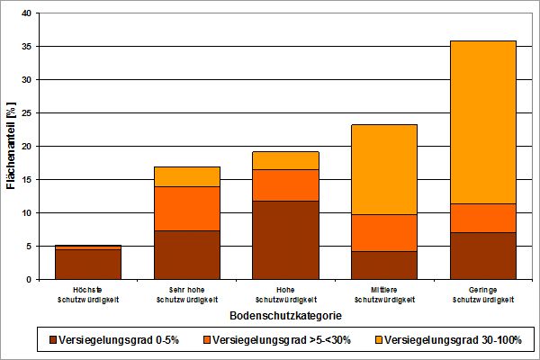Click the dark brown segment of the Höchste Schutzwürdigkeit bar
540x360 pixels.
[88, 265]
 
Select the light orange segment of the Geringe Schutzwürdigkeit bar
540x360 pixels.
[483, 122]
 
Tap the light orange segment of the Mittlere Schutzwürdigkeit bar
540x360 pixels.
[384, 169]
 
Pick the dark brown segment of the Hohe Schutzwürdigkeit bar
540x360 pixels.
[286, 240]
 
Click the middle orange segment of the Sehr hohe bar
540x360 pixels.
[187, 209]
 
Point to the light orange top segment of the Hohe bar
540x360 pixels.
[286, 160]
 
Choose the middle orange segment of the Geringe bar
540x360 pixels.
[483, 218]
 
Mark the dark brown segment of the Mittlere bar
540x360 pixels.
[384, 265]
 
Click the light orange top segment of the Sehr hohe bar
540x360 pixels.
[187, 176]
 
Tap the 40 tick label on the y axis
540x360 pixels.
[26, 13]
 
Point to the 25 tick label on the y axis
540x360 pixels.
[26, 113]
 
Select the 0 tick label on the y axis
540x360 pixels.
[29, 280]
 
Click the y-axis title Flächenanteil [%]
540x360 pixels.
[11, 146]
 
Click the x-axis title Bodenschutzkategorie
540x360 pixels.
[285, 316]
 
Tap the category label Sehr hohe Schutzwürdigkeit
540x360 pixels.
[187, 295]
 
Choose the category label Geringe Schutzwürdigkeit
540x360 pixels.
[483, 295]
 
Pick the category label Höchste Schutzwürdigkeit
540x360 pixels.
[88, 295]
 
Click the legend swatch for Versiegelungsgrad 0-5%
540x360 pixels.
[53, 340]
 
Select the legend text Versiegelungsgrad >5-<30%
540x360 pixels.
[282, 340]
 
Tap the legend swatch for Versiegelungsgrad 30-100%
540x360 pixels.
[379, 340]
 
